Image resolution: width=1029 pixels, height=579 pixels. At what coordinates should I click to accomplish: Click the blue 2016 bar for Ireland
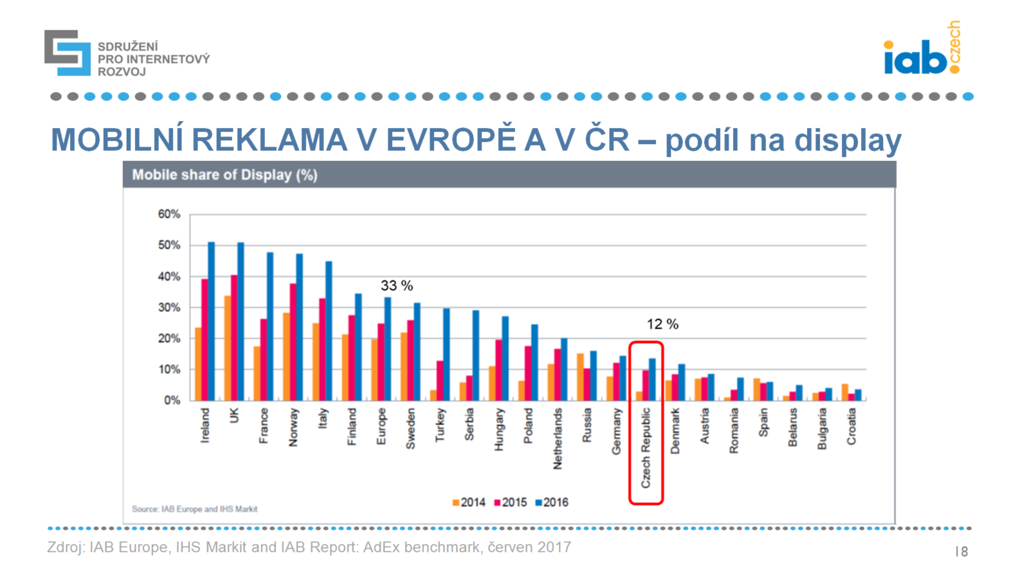click(x=211, y=322)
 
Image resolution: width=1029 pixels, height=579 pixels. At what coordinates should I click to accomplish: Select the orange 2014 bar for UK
click(x=228, y=348)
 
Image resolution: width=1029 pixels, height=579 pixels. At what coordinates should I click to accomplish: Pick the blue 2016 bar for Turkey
click(x=446, y=354)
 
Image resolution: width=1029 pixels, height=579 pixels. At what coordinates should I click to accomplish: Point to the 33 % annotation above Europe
click(x=397, y=286)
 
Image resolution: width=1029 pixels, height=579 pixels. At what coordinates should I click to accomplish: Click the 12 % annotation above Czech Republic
click(x=662, y=324)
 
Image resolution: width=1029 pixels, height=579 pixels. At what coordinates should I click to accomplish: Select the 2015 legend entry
click(x=511, y=502)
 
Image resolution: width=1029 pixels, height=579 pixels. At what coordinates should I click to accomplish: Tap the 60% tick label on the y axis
click(x=169, y=214)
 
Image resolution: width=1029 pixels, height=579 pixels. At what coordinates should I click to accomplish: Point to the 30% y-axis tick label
click(x=169, y=308)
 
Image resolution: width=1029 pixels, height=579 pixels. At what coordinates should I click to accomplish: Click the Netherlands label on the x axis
click(x=558, y=438)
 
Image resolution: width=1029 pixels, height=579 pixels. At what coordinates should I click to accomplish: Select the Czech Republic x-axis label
click(x=646, y=448)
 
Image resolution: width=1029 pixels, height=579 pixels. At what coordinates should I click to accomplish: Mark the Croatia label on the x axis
click(x=851, y=427)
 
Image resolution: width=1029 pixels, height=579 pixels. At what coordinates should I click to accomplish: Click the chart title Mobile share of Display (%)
click(x=224, y=175)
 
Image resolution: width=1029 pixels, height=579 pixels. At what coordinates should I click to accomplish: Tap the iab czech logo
click(x=922, y=50)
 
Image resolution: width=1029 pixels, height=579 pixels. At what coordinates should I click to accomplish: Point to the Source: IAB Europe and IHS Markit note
click(x=194, y=509)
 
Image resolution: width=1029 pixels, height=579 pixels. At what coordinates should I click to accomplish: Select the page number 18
click(x=961, y=551)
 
